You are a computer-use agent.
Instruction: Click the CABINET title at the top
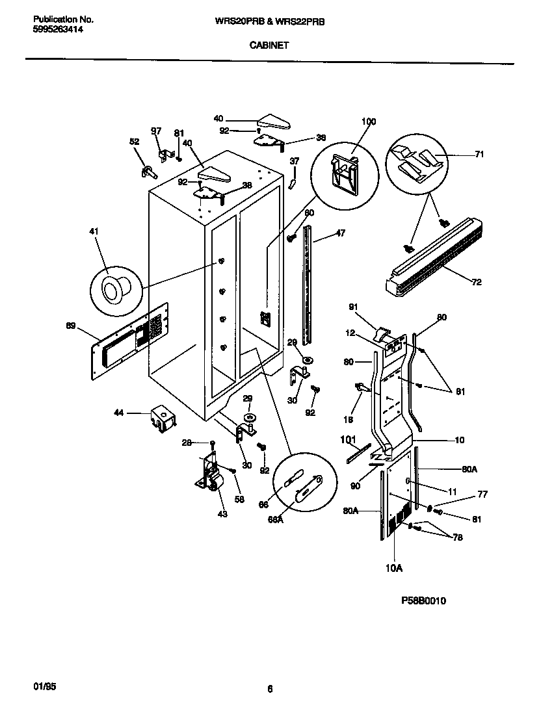pos(269,45)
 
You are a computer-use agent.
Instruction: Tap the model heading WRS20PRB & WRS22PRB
pos(269,21)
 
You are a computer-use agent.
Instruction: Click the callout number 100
pos(368,122)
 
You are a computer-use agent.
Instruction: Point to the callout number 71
pos(479,155)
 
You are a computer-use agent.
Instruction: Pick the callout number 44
pos(119,413)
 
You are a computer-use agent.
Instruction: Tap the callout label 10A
pos(394,567)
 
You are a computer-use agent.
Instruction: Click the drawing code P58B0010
pos(423,601)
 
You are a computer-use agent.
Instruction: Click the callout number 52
pos(134,142)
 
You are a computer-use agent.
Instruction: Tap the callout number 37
pos(294,161)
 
